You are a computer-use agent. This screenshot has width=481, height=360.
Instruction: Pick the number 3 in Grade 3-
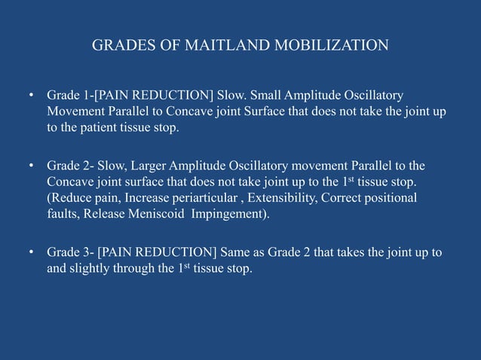coord(85,252)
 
